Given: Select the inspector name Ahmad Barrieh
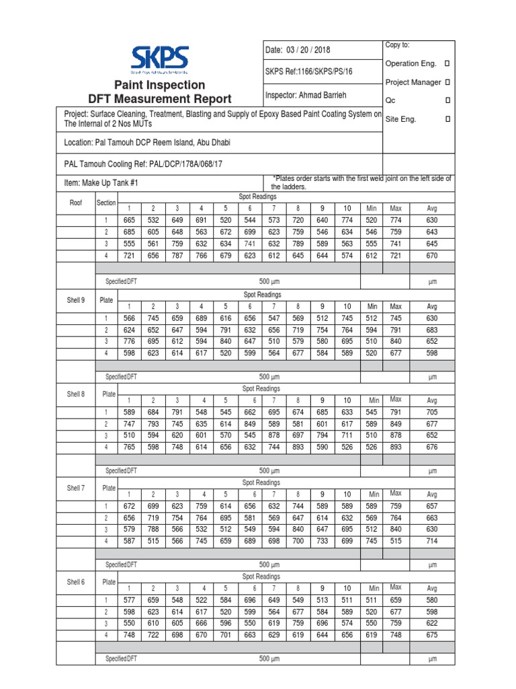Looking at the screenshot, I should (307, 95).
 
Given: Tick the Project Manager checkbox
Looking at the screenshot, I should (448, 82).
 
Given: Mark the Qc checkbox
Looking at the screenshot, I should (448, 100).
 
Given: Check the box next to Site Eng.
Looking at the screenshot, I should (448, 119).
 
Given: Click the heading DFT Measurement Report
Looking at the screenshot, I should (159, 98).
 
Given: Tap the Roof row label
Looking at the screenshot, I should (76, 203).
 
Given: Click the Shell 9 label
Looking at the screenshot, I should (75, 300).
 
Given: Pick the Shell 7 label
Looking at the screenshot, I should (75, 488).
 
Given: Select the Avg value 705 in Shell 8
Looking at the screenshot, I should (431, 412).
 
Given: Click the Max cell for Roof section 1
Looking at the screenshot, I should (395, 220).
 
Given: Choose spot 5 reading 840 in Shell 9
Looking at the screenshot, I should (225, 341).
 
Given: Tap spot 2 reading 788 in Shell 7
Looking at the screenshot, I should (153, 529).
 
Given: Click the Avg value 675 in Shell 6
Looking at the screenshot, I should (431, 634).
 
